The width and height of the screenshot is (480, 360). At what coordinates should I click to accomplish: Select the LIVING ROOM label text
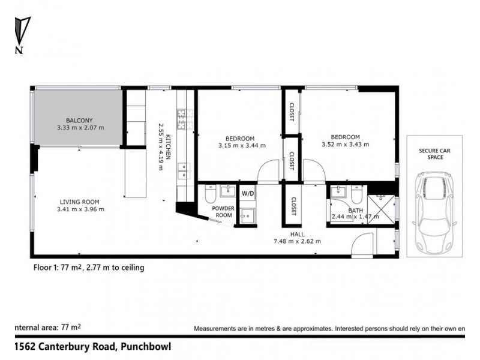click(79, 202)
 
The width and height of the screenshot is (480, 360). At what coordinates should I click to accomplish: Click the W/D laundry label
click(247, 194)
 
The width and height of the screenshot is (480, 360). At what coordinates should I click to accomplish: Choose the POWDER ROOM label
click(224, 212)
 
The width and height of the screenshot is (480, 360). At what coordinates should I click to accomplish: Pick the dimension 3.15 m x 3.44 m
click(242, 145)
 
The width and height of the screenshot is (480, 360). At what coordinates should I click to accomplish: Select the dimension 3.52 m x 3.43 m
click(345, 144)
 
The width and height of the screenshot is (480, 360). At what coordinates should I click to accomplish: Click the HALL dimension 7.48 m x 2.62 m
click(298, 242)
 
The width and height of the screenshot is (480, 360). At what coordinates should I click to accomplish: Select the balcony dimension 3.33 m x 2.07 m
click(80, 127)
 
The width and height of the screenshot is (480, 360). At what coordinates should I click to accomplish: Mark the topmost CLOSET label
click(292, 112)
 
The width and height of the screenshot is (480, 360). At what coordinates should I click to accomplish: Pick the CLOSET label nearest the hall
click(295, 206)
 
